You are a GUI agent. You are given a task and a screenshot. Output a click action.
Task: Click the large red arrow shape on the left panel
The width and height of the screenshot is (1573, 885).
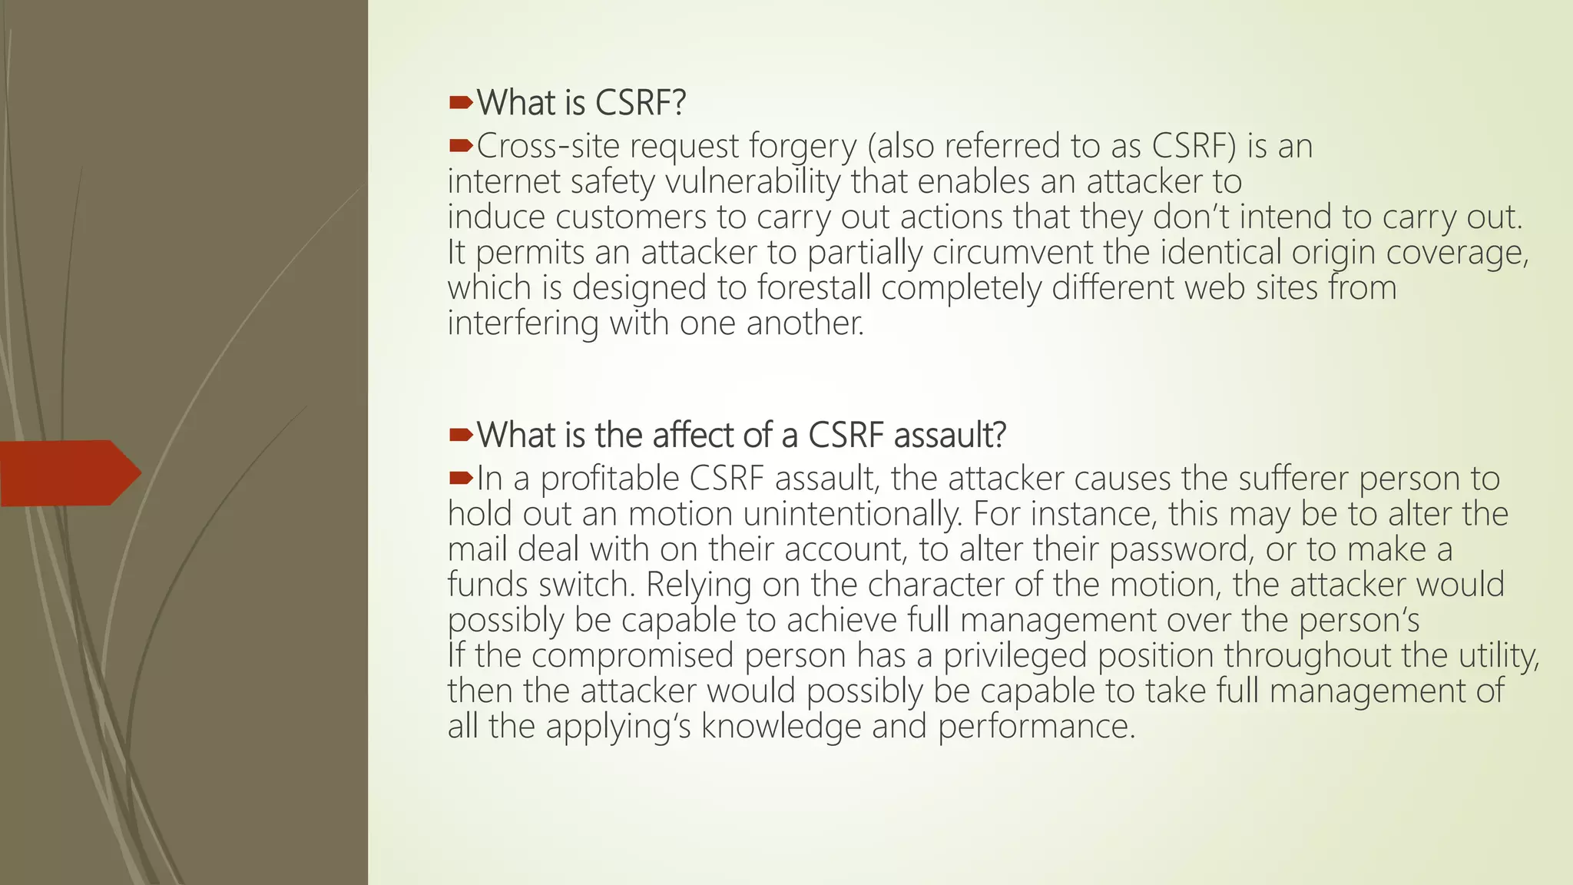[x=69, y=472]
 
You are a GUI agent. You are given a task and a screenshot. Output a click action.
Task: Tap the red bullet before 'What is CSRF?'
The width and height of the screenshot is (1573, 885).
[x=460, y=102]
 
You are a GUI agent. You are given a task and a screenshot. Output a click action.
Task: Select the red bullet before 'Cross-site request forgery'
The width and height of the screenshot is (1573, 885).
[x=460, y=145]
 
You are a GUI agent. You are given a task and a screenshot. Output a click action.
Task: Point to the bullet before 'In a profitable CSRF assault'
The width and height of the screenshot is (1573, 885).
[x=460, y=478]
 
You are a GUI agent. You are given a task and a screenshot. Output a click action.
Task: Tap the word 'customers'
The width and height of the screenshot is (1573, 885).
[x=631, y=217]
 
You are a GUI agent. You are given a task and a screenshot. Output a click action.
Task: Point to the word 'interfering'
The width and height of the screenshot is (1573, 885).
[x=522, y=323]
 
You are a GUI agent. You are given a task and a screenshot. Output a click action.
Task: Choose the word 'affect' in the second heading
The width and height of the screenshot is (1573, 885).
[x=685, y=435]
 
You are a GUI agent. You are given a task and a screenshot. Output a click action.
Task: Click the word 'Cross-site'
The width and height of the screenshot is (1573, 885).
[x=548, y=147]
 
